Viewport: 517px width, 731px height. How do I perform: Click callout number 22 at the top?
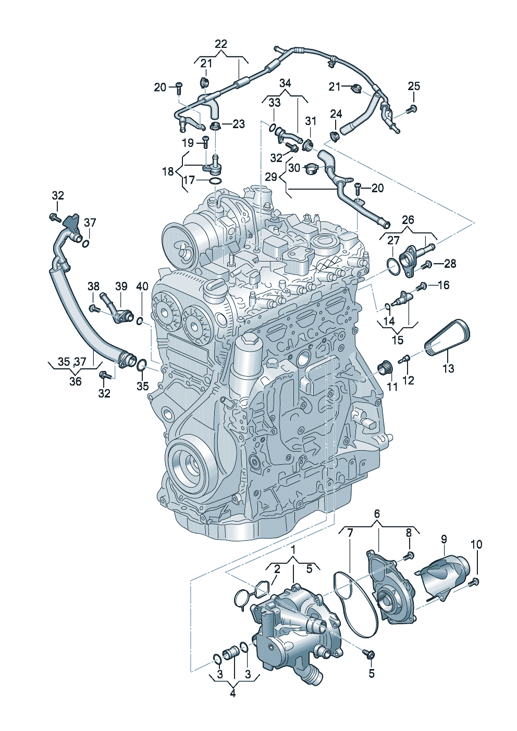(221, 44)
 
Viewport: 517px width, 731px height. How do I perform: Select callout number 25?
(413, 86)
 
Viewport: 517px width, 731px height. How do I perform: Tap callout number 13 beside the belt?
(448, 368)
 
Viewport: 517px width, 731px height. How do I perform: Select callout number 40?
(142, 286)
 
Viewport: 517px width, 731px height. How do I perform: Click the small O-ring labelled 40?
(140, 321)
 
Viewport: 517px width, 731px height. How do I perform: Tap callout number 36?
(76, 381)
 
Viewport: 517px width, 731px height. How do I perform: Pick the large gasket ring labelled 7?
(355, 604)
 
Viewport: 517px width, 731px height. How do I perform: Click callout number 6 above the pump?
(377, 514)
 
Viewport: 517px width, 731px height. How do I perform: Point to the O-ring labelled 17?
(215, 181)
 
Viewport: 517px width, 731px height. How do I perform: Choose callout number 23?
(238, 124)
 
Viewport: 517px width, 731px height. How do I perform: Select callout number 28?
(450, 264)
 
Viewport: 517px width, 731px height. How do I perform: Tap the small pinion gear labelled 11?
(385, 368)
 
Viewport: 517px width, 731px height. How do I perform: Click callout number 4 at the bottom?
(232, 693)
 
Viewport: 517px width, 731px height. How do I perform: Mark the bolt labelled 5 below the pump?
(371, 653)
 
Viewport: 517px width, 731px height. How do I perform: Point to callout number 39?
(121, 286)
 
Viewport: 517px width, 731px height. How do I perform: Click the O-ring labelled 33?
(274, 128)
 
